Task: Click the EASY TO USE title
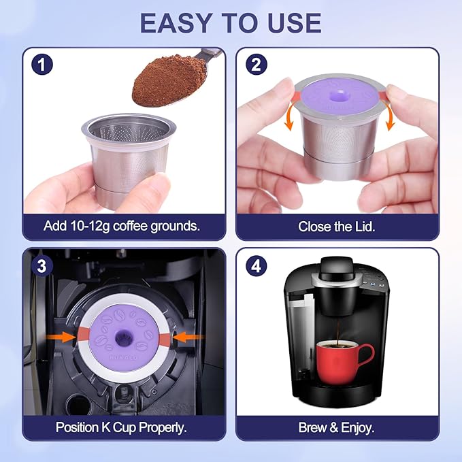[x=231, y=22]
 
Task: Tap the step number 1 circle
[x=42, y=66]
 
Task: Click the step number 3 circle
[x=42, y=266]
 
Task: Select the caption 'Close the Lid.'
[x=337, y=225]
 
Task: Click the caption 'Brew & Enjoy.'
[x=337, y=427]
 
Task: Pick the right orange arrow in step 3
[x=182, y=335]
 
